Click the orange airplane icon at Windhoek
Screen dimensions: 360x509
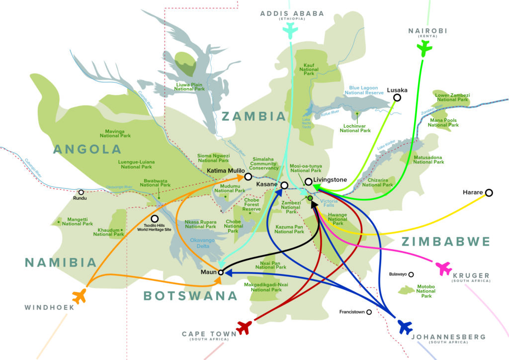[x=80, y=297]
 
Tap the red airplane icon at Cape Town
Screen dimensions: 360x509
[x=244, y=327]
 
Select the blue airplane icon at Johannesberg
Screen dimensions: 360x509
[x=406, y=327]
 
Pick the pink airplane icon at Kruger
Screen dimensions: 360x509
[x=443, y=268]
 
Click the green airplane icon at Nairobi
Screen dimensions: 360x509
[x=424, y=49]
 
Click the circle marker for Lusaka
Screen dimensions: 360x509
[x=397, y=98]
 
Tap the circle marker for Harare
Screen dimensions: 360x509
[x=489, y=192]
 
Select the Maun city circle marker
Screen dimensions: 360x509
[x=221, y=272]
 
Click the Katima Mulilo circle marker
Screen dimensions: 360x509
[x=248, y=177]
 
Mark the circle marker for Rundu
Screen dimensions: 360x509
[x=81, y=192]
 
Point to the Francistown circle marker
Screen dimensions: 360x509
[x=369, y=312]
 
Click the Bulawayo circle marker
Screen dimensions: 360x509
[x=411, y=274]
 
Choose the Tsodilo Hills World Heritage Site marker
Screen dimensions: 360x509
[x=155, y=218]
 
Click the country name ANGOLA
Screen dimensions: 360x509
[x=87, y=149]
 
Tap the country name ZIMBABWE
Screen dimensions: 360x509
[x=445, y=242]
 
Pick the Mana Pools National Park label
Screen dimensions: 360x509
[x=443, y=122]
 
